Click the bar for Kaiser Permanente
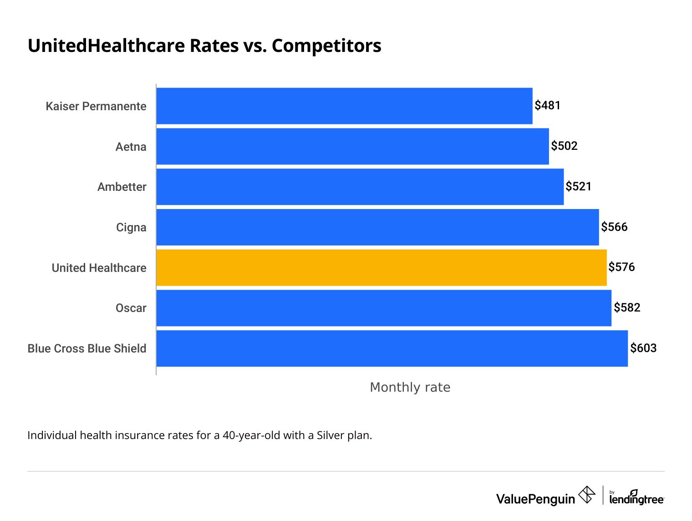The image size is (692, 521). tap(344, 106)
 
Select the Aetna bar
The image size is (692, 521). tap(352, 146)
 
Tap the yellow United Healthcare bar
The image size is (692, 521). tap(381, 268)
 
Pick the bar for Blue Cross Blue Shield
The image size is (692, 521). tap(392, 348)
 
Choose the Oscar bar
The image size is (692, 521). tap(383, 308)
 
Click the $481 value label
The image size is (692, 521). tap(547, 106)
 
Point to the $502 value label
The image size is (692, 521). tap(564, 146)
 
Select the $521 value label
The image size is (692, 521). tap(578, 187)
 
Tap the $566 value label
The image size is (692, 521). tap(614, 227)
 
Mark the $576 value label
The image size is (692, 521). tap(621, 267)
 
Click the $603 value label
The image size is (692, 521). tap(643, 348)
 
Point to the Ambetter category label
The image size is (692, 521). tap(122, 187)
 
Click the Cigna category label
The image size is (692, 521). tap(131, 227)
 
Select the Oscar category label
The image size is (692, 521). tap(131, 308)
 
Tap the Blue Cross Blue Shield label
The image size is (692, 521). tap(87, 348)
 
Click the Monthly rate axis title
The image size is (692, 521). tap(410, 387)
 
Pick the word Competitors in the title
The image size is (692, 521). tap(326, 46)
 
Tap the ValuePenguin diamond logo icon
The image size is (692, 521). tap(586, 495)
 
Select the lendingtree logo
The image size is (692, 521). tap(636, 498)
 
